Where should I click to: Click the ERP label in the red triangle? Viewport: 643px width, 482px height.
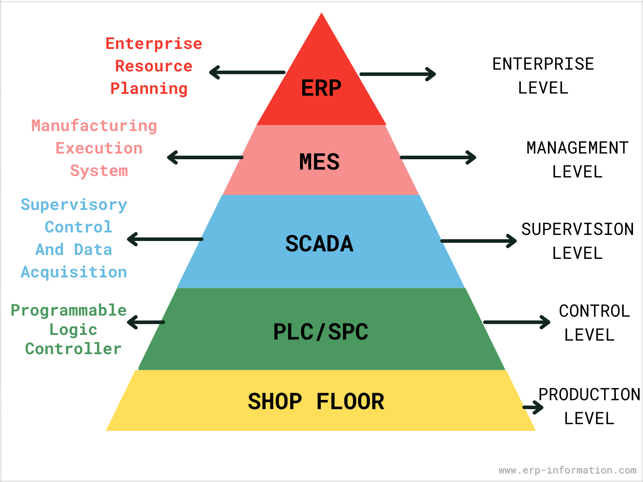coord(321,88)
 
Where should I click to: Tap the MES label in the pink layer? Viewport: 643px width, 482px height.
coord(319,162)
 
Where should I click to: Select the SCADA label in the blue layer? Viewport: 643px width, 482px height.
coord(319,244)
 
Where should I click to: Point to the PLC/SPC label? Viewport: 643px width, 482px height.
coord(320,332)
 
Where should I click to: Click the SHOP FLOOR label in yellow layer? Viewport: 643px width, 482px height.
coord(316,401)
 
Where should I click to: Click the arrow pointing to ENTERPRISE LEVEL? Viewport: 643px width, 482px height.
coord(398,74)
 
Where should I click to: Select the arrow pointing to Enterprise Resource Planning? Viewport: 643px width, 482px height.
coord(247,72)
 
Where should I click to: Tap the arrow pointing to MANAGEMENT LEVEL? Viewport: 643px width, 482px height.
coord(438,157)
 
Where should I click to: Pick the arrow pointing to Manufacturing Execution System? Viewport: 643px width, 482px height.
coord(205,157)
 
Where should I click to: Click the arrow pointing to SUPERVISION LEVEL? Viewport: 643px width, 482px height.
coord(479,241)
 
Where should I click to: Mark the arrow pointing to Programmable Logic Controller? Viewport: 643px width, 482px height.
coord(146,322)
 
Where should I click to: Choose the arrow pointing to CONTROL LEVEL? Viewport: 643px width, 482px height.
coord(517,322)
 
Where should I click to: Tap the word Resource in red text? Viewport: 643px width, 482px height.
coord(154,66)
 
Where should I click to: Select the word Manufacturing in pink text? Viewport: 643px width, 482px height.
coord(94,126)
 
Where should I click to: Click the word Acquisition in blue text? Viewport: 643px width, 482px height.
coord(74,272)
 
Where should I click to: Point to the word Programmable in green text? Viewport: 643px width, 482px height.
coord(69,310)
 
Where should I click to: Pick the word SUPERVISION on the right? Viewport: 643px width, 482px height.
coord(577,229)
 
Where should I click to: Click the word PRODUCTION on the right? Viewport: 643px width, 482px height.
coord(589,395)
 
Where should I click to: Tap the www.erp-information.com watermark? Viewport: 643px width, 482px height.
coord(567,470)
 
